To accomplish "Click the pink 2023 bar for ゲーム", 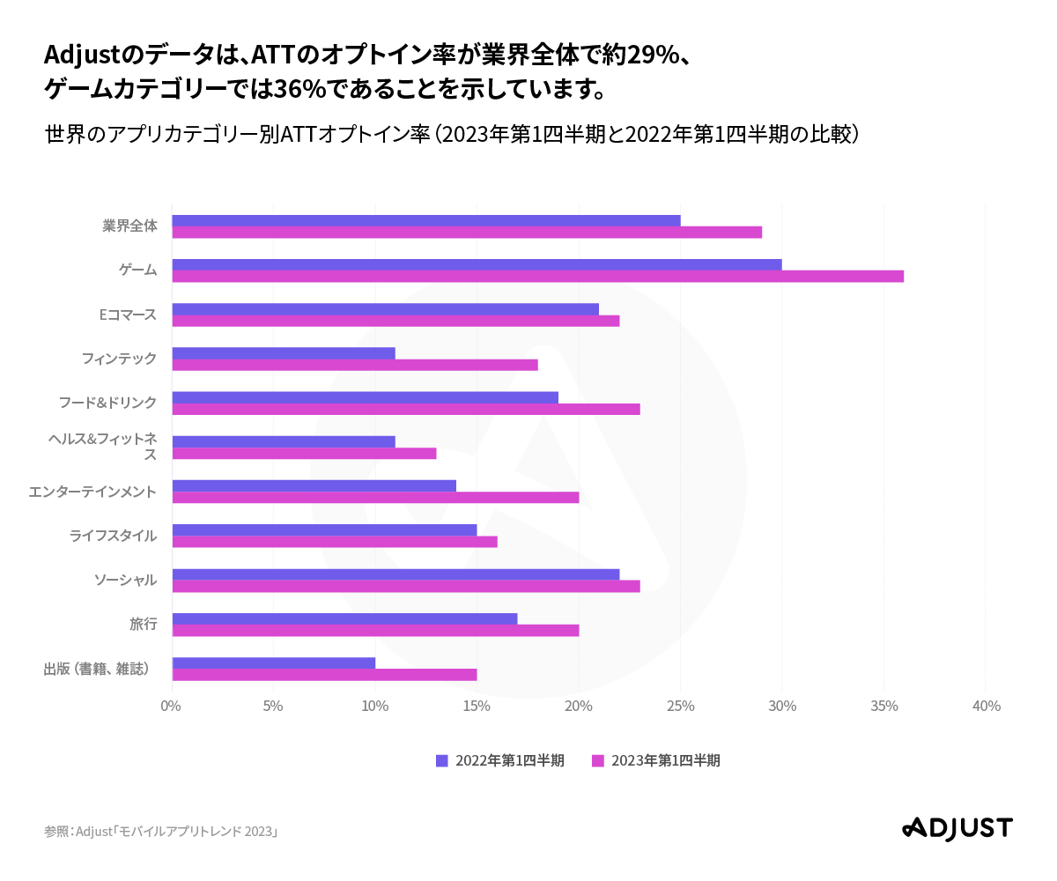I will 537,277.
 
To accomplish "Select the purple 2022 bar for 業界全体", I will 425,220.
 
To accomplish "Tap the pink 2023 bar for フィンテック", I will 354,365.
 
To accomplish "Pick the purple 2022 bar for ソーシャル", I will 395,574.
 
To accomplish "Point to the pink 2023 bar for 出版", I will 324,675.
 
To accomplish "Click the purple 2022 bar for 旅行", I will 344,618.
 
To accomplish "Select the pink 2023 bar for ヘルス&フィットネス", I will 304,454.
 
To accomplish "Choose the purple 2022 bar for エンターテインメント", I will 314,485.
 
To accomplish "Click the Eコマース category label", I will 128,315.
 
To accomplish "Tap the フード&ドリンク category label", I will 107,403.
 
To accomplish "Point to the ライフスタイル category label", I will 113,536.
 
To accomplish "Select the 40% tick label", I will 986,707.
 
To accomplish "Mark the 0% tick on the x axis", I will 171,707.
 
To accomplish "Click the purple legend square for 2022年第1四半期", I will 442,760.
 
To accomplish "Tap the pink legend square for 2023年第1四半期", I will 598,760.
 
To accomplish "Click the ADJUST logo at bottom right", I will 957,828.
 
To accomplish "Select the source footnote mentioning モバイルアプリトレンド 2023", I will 161,832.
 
